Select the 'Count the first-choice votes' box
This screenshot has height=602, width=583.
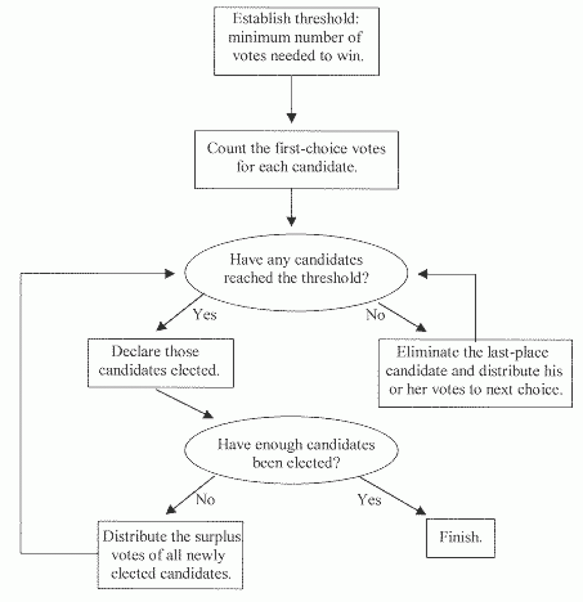pos(291,159)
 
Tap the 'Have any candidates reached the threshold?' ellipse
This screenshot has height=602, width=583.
pos(295,269)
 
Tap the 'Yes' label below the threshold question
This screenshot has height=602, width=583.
pos(204,314)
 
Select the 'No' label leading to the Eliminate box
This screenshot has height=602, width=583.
pos(375,314)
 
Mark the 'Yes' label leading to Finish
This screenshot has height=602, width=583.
pos(369,499)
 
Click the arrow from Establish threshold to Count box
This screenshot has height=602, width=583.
pos(291,97)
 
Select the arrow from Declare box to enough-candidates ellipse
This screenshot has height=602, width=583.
pos(182,401)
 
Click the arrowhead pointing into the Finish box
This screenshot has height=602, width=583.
pos(421,513)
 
